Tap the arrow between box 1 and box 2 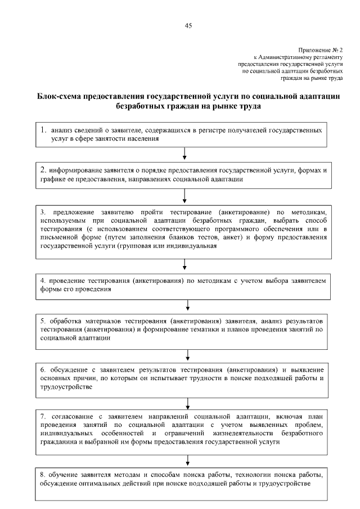pos(184,153)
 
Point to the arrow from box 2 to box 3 pos(184,196)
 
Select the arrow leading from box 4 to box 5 pos(187,305)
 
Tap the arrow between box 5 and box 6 pos(187,354)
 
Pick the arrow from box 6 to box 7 pos(187,402)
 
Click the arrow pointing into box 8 pos(187,457)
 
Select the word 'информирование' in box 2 pos(74,170)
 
